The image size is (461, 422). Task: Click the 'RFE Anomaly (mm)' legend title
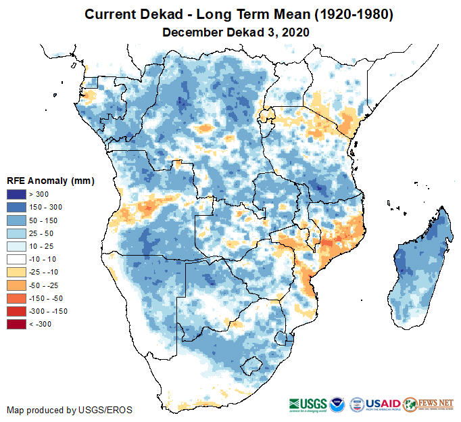tap(50, 181)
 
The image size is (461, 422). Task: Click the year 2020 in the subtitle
tap(295, 32)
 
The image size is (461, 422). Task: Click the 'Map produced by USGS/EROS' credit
tap(70, 410)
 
